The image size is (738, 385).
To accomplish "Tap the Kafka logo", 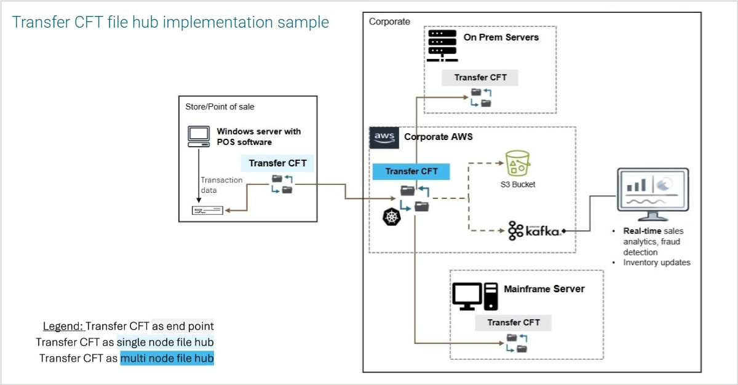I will (534, 231).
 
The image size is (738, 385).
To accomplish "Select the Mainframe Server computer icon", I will (475, 296).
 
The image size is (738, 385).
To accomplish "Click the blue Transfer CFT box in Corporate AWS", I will (411, 171).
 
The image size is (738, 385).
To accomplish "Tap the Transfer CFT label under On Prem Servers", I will (480, 78).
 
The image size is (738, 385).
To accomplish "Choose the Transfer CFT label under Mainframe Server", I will (513, 322).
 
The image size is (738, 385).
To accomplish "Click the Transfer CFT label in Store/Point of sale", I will (277, 163).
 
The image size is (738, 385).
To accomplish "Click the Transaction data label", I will (221, 185).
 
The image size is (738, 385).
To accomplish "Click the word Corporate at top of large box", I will (389, 21).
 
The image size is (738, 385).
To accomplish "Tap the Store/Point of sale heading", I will (220, 107).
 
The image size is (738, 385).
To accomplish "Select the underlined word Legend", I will (63, 326).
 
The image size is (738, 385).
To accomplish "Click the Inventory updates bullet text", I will (656, 263).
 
